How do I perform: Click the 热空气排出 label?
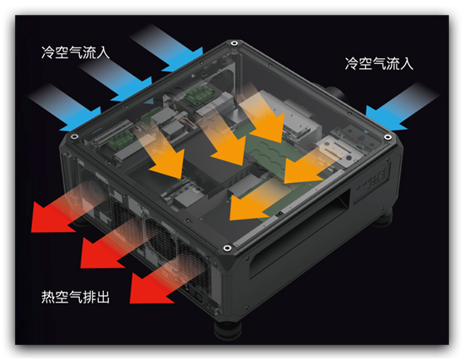click(76, 297)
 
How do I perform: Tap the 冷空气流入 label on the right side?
click(379, 63)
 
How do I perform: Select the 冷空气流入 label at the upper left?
click(76, 52)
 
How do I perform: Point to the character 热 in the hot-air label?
click(48, 297)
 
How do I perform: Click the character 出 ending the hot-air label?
click(103, 297)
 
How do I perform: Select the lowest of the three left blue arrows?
click(65, 107)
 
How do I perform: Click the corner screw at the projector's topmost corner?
click(234, 43)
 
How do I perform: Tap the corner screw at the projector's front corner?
click(227, 248)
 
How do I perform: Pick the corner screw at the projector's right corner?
click(387, 137)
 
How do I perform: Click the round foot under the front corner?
click(228, 328)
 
